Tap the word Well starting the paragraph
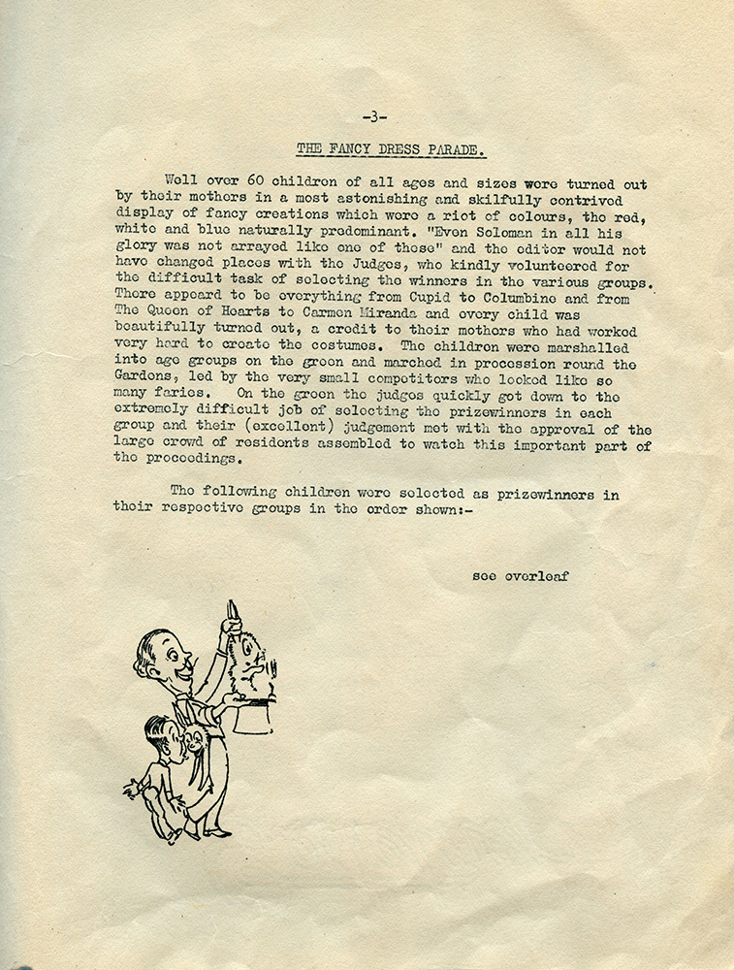point(182,180)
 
